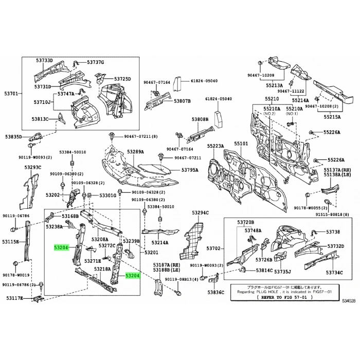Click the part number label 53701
pos(11,94)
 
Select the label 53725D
pos(122,79)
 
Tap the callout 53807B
pos(182,101)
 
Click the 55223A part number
pos(215,146)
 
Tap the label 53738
pos(333,232)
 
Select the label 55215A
pos(332,117)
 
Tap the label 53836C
pos(216,292)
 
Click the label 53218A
pos(102,268)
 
